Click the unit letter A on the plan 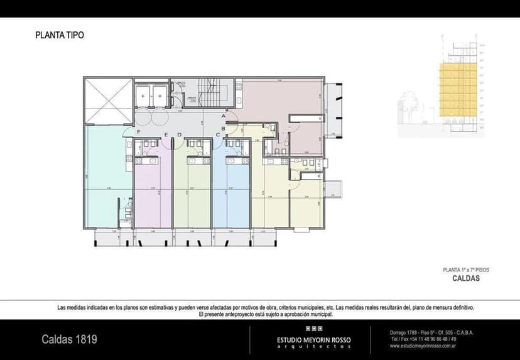224,116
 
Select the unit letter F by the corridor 139,131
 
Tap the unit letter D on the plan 179,134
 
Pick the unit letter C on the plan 218,134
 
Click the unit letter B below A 224,128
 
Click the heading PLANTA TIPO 60,36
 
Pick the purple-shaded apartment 151,195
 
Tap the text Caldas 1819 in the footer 69,340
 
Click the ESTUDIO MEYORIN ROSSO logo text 314,340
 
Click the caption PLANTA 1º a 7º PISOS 466,270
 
